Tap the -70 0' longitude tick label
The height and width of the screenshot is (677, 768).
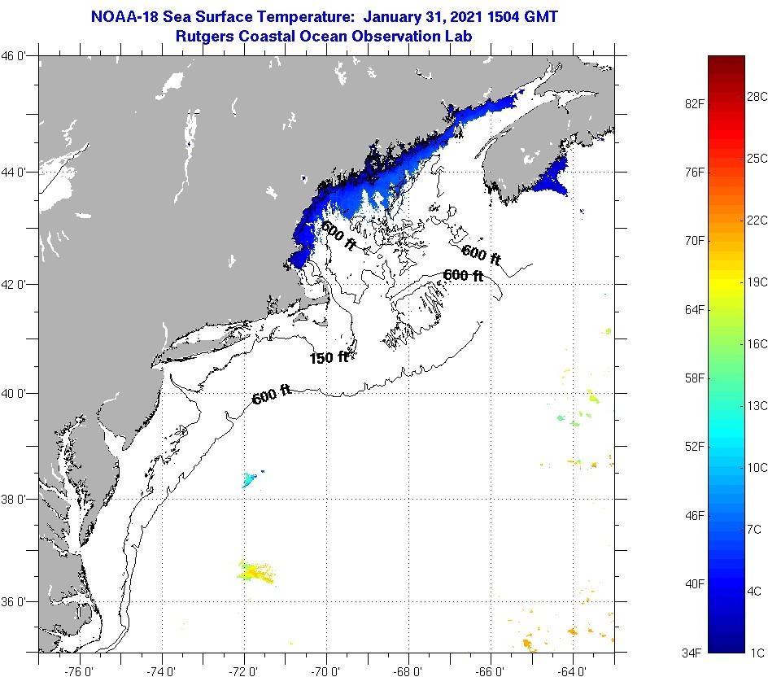pyautogui.click(x=326, y=671)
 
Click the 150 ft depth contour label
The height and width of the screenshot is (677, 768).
pyautogui.click(x=329, y=357)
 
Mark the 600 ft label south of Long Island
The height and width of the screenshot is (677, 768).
pyautogui.click(x=272, y=396)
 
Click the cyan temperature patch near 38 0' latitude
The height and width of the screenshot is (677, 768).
pyautogui.click(x=250, y=480)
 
